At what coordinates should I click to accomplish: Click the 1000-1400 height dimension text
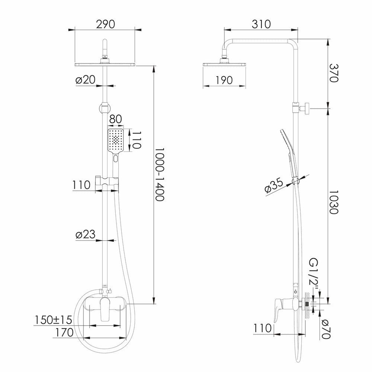[x=160, y=174]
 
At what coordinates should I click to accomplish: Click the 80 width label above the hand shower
[x=116, y=120]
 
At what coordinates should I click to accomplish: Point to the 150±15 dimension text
[x=54, y=320]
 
